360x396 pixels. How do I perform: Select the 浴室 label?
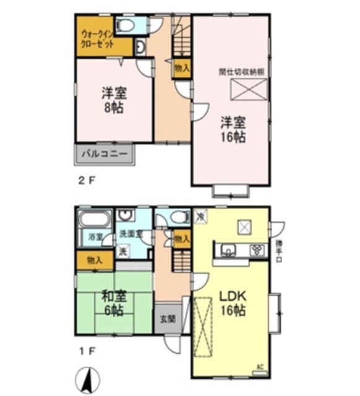pos(95,236)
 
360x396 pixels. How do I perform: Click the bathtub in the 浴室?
pos(95,219)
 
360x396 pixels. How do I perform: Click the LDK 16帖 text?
pos(233,303)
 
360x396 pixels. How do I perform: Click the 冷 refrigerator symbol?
pos(200,216)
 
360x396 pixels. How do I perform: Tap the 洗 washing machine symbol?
pos(124,251)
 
